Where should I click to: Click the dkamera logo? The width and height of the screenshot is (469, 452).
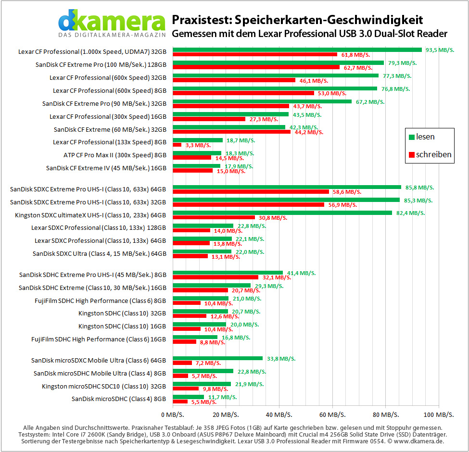click(112, 23)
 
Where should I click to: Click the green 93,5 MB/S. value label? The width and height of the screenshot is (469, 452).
click(440, 50)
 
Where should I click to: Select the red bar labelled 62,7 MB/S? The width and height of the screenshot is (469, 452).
click(256, 67)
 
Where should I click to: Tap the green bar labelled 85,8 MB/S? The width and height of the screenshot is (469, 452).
click(287, 187)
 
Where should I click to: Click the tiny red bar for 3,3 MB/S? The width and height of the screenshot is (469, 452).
click(177, 145)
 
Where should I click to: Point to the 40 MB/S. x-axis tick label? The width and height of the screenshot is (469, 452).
click(279, 414)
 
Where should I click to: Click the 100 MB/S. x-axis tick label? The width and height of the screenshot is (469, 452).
click(439, 414)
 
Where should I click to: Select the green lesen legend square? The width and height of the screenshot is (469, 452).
click(412, 137)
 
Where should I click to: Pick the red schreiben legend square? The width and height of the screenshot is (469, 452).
click(412, 154)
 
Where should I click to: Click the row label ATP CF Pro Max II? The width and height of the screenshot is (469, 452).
click(115, 155)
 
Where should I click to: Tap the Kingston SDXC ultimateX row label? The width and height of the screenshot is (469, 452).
click(90, 215)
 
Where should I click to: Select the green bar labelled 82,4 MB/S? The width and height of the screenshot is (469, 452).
click(282, 213)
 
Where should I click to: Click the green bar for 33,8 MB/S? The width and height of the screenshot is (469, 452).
click(218, 358)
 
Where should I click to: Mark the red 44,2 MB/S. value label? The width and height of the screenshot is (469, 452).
click(309, 132)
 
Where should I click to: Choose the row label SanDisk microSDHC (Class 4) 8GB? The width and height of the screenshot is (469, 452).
click(119, 399)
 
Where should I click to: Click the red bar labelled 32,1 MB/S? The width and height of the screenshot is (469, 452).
click(215, 277)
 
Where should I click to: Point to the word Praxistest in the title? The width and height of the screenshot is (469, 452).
click(201, 20)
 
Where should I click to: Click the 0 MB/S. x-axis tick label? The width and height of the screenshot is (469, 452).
click(173, 414)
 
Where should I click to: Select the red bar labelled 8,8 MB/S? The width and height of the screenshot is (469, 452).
click(185, 342)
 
